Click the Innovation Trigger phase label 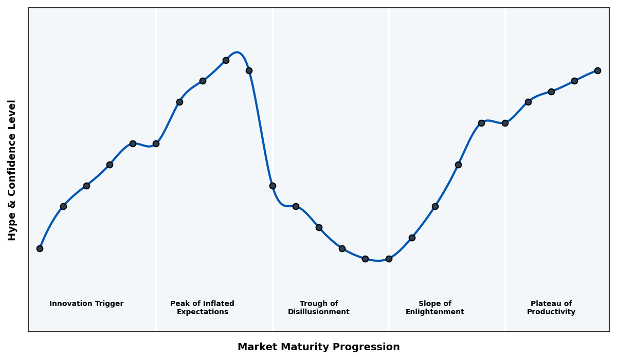click(86, 304)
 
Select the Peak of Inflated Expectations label click(202, 308)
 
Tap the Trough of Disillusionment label click(318, 308)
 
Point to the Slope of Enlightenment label click(434, 308)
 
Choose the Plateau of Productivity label click(551, 308)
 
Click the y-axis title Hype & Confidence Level click(12, 170)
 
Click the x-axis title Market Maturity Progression click(318, 347)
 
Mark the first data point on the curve click(40, 248)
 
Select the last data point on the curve click(597, 70)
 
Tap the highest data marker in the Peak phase click(226, 60)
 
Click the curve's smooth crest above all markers click(237, 52)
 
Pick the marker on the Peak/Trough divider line click(273, 186)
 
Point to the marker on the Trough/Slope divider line click(389, 259)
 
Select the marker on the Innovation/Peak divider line click(156, 143)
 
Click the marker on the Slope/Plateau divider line click(505, 123)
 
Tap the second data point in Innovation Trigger click(63, 206)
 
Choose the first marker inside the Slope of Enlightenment click(412, 238)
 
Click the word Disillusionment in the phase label click(318, 312)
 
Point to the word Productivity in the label click(551, 312)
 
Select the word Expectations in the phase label click(202, 312)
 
